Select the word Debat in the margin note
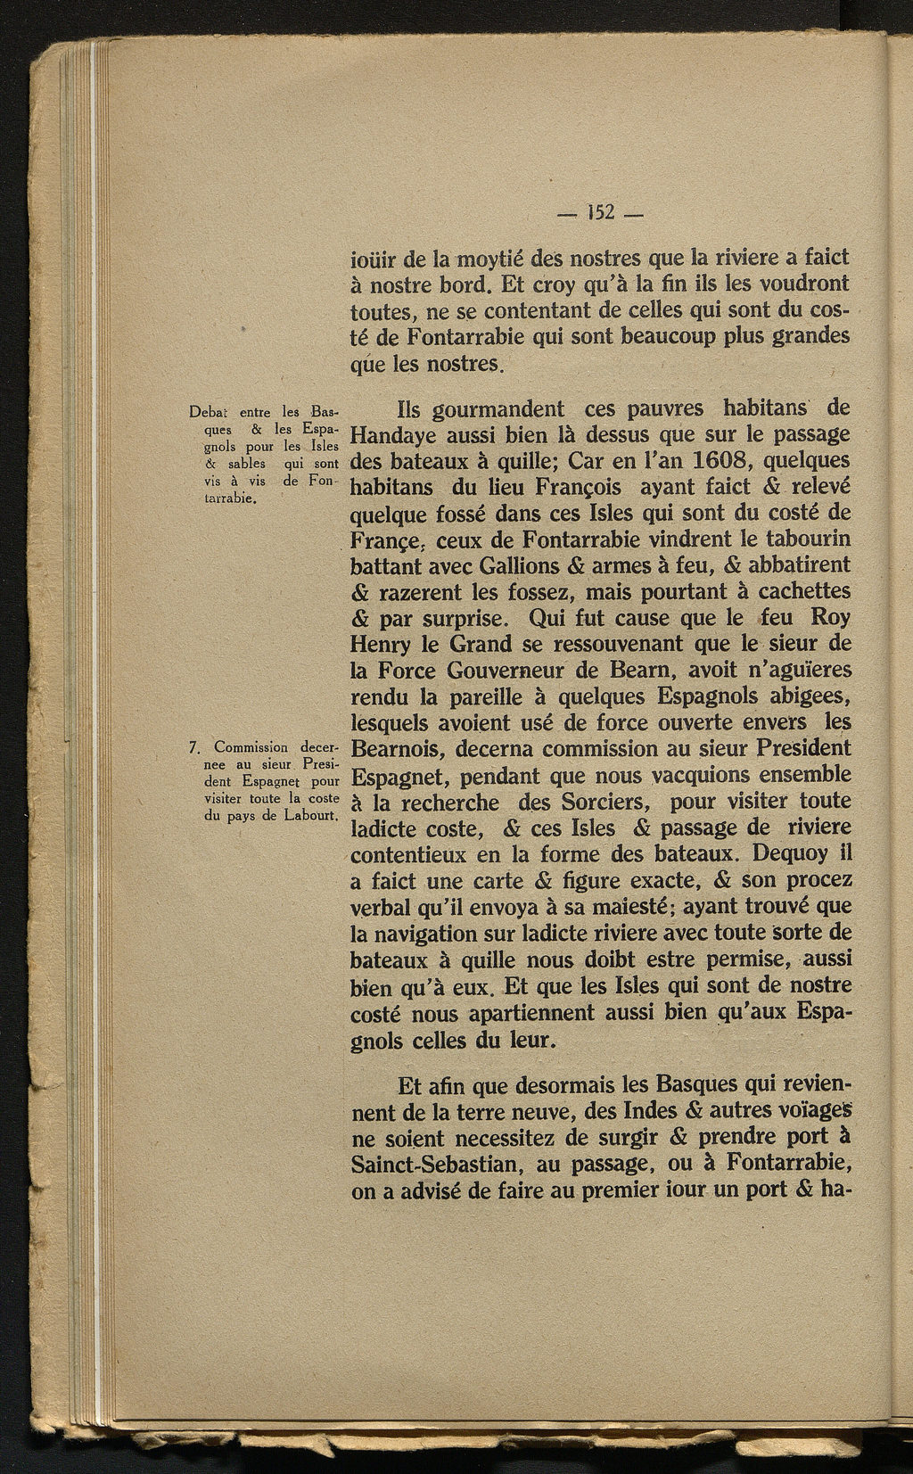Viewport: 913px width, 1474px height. tap(210, 413)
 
